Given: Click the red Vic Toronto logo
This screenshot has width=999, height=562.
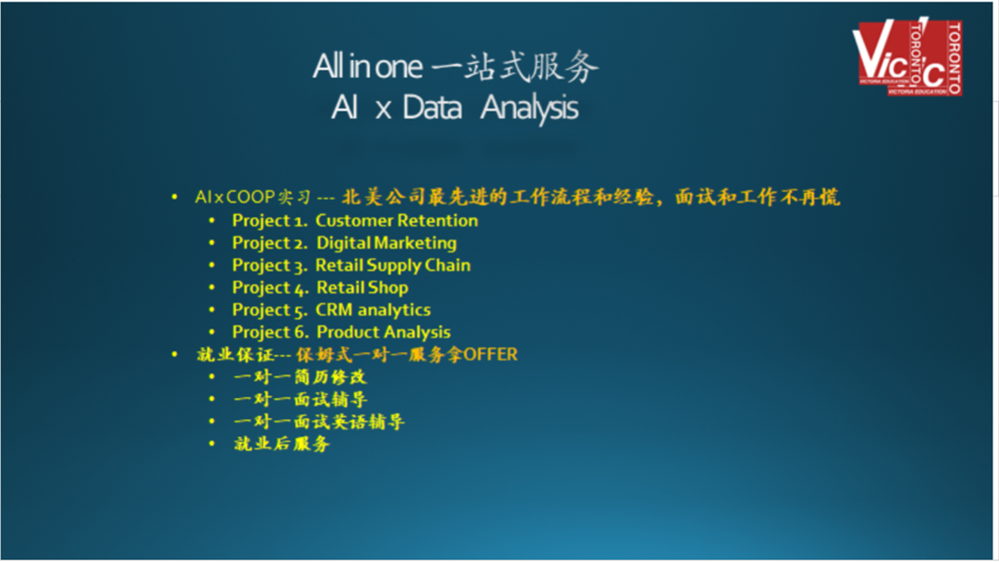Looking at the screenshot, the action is pos(907,57).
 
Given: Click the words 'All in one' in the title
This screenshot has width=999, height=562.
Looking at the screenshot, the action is pos(367,67).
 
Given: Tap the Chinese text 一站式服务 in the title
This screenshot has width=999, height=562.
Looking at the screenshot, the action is pos(515,67).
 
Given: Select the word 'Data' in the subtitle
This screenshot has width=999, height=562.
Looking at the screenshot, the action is pos(432,107).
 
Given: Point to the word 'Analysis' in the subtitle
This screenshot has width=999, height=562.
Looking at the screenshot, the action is pos(529,107).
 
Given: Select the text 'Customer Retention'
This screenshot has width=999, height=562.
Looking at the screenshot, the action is pos(396,220).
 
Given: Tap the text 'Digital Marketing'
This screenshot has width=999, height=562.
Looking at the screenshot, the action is pos(387,243).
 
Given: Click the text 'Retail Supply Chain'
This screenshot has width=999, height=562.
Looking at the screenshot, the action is pos(393,265).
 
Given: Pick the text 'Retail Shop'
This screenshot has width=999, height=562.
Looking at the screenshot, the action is pos(363,287).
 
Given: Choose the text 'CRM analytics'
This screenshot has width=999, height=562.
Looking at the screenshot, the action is pos(374,310).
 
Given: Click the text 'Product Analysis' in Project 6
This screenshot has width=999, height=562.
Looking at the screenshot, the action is pos(384,332).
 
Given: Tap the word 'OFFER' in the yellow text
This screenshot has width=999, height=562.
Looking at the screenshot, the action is pos(490,355).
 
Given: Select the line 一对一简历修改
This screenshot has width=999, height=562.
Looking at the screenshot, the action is pos(300,377).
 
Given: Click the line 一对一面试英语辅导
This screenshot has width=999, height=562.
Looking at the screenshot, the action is pos(318,422).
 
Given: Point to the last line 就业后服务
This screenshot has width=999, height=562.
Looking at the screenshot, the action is pos(281,444).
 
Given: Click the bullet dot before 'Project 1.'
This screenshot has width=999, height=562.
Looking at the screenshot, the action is pos(212,221).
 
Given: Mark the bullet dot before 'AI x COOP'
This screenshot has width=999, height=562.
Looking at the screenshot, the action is pos(175,197).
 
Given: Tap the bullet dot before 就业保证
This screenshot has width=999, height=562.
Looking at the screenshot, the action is pos(175,355).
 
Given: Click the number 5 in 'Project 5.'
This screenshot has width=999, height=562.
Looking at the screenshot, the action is pos(301,312).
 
